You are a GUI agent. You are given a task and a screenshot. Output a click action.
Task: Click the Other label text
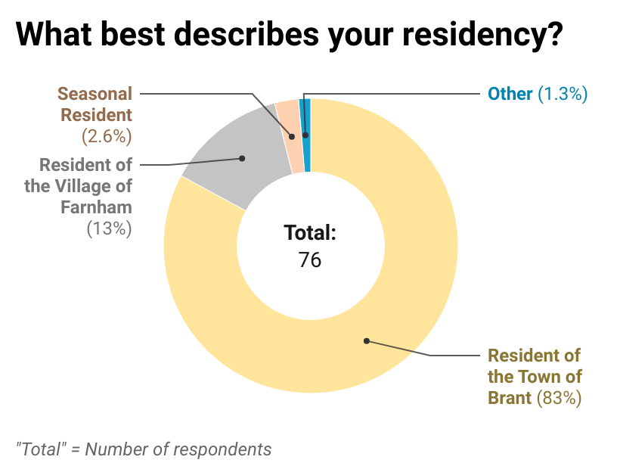pyautogui.click(x=510, y=94)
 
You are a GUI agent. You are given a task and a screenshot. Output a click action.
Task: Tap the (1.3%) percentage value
pyautogui.click(x=563, y=94)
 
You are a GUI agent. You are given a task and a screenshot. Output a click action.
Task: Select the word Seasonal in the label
pyautogui.click(x=95, y=94)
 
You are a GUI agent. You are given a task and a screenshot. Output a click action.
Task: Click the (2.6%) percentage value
pyautogui.click(x=107, y=137)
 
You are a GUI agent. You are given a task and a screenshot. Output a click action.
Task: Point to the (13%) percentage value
pyautogui.click(x=110, y=228)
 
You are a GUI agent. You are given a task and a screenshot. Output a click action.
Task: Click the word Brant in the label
pyautogui.click(x=510, y=397)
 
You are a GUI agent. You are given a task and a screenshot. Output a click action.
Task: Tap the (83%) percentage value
pyautogui.click(x=559, y=397)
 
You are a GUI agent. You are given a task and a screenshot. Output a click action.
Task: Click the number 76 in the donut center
pyautogui.click(x=310, y=259)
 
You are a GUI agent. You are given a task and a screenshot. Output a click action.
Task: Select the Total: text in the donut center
pyautogui.click(x=310, y=233)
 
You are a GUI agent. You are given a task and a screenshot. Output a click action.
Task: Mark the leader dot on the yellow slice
pyautogui.click(x=367, y=340)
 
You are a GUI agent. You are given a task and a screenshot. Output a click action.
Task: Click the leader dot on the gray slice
pyautogui.click(x=242, y=158)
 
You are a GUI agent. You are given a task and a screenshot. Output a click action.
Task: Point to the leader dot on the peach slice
pyautogui.click(x=293, y=137)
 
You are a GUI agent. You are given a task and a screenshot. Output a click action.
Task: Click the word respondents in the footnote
pyautogui.click(x=225, y=449)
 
